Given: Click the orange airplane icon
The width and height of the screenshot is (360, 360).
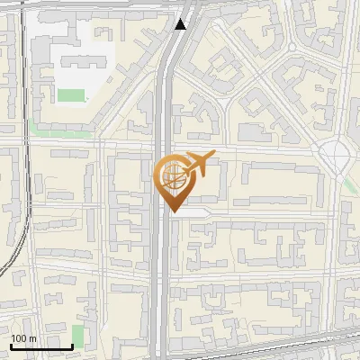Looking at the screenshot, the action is click(x=200, y=164).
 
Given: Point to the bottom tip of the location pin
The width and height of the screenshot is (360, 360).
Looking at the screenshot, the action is click(x=174, y=212).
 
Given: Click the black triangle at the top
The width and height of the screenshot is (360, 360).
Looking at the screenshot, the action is click(x=181, y=24).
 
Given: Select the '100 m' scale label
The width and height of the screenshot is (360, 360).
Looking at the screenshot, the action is click(x=23, y=338).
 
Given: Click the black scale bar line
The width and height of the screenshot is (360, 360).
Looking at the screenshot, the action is click(x=41, y=346).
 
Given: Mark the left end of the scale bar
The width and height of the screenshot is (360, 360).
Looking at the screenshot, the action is click(x=11, y=346).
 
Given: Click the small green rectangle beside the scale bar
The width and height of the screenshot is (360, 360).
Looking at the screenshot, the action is click(x=77, y=337).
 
